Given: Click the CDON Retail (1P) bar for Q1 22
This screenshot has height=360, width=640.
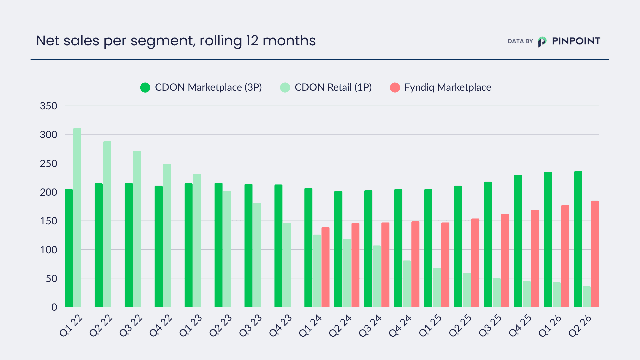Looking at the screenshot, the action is pos(77,218).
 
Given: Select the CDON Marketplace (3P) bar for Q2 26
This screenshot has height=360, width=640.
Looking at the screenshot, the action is pos(578,239).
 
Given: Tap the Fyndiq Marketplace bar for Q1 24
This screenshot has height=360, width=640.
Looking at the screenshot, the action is pos(325,267).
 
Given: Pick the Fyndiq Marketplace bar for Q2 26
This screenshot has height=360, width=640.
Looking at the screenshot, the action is pos(595,254).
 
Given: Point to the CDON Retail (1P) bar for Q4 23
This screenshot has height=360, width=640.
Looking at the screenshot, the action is pos(287,265).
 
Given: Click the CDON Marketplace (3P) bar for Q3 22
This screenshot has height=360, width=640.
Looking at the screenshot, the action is pos(129,245).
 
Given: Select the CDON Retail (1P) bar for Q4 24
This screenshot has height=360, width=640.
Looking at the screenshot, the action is pos(407,284).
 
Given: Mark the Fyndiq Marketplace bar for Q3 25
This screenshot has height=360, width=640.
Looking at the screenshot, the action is pos(505,260).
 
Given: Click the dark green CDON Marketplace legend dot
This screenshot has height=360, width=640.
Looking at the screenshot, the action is pos(145,88).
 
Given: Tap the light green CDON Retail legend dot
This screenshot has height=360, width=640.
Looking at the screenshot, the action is pos(285,88).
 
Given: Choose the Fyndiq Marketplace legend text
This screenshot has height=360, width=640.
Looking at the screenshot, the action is pos(448,87).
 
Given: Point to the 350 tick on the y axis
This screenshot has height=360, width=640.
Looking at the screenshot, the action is pos(49,106).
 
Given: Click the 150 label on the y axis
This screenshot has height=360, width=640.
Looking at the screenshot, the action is pos(49,221).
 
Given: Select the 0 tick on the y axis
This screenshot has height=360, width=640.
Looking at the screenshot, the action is pos(54,307).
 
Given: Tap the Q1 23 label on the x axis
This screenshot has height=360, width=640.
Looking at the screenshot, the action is pos(191,325).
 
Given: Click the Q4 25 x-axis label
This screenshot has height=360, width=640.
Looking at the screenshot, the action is pos(520,325).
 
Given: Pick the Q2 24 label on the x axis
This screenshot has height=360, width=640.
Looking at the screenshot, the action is pos(340,325).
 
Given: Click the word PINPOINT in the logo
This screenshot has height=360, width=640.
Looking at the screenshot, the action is pos(576,41).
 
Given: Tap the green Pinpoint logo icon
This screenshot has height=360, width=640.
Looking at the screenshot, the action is pos(542,42).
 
